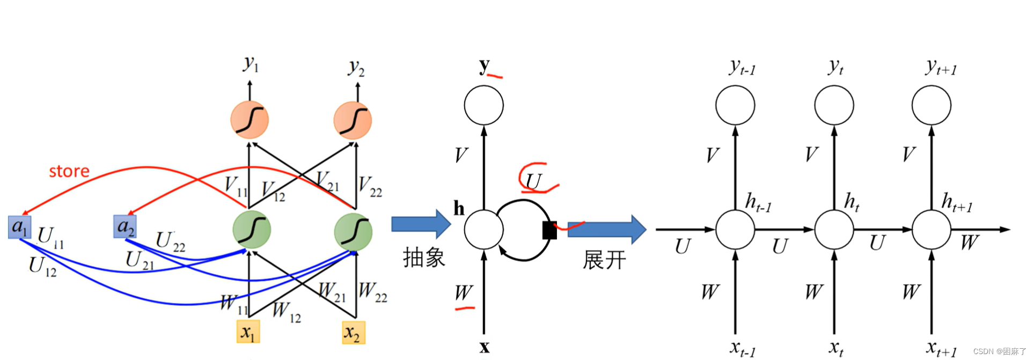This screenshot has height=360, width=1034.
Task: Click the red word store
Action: pyautogui.click(x=69, y=171)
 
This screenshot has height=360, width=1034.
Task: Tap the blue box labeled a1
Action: pyautogui.click(x=20, y=227)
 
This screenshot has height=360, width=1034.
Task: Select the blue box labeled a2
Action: pyautogui.click(x=125, y=226)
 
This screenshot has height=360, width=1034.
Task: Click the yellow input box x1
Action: pyautogui.click(x=248, y=332)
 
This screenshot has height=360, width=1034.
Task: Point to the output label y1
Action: pyautogui.click(x=251, y=64)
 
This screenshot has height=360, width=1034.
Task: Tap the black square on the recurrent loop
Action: pyautogui.click(x=549, y=230)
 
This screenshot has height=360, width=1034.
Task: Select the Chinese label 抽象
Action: pyautogui.click(x=424, y=258)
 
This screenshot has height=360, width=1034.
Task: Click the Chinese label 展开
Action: pyautogui.click(x=604, y=260)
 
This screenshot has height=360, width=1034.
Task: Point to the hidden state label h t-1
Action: pyautogui.click(x=758, y=203)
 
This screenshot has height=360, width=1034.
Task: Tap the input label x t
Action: pyautogui.click(x=835, y=348)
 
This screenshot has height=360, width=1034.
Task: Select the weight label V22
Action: pyautogui.click(x=370, y=186)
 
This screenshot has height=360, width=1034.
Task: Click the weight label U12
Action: pyautogui.click(x=42, y=267)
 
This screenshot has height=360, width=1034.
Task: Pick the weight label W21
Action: pyautogui.click(x=332, y=292)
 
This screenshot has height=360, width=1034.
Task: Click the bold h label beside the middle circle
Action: pyautogui.click(x=459, y=208)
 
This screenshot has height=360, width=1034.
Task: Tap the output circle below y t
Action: pyautogui.click(x=834, y=105)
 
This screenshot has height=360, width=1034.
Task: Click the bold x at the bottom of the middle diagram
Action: pyautogui.click(x=484, y=348)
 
